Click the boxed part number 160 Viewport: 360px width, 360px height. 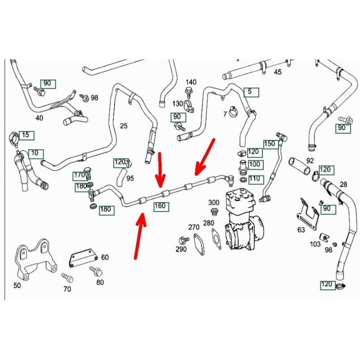point(160,207)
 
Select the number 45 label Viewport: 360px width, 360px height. point(278,72)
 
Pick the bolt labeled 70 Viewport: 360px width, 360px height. point(68,278)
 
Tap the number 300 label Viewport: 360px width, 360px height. point(214,202)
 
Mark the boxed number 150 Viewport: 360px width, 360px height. point(269,144)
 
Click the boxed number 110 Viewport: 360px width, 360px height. point(255,179)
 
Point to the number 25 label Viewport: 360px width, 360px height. point(124,126)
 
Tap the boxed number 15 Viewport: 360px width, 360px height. point(25,135)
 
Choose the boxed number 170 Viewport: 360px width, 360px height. point(79,175)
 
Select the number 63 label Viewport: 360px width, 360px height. point(301,230)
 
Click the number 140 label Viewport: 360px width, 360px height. point(191,82)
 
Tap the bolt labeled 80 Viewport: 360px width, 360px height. point(96,271)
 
